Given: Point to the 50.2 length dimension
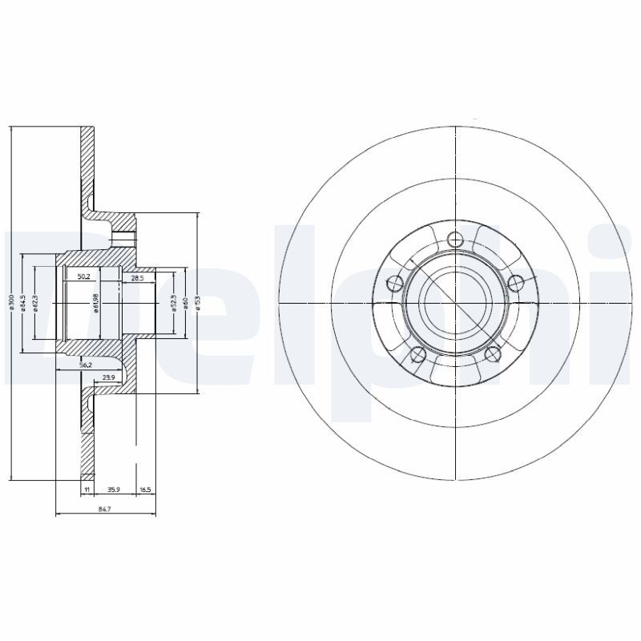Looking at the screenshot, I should (x=83, y=276).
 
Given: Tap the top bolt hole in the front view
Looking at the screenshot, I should (x=455, y=238).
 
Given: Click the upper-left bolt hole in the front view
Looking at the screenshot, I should (x=394, y=282).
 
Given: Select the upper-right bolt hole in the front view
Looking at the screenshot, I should (x=517, y=282).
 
